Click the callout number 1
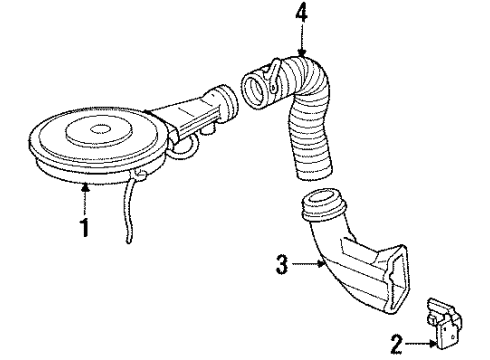coord(85,227)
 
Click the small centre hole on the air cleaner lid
coord(100,127)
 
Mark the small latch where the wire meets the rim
coord(138,178)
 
